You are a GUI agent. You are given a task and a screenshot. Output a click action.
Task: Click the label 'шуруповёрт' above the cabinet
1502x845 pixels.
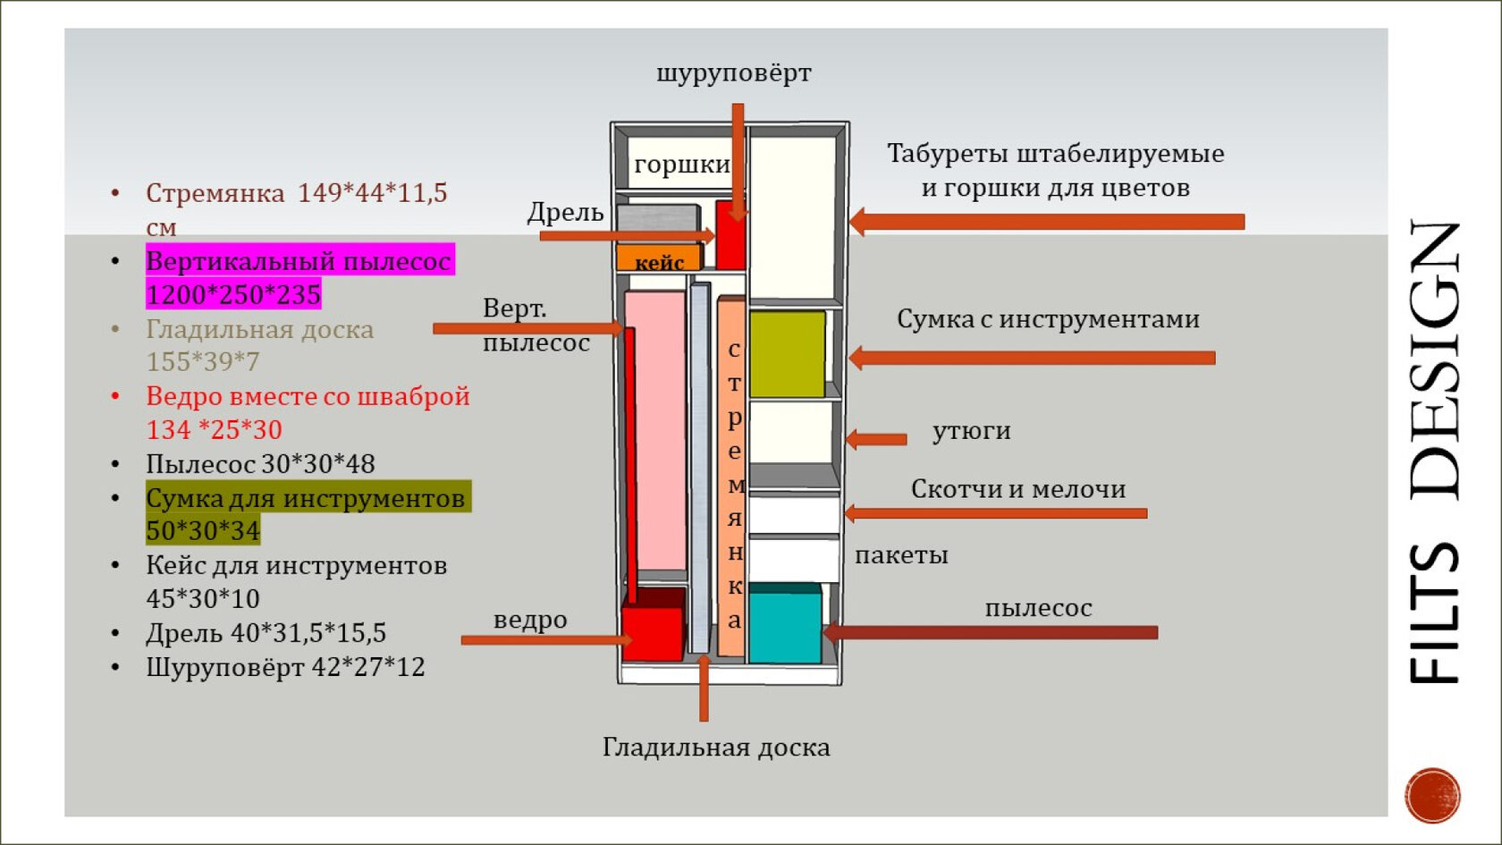[x=734, y=73]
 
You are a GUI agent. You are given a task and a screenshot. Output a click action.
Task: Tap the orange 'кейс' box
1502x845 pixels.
[x=659, y=259]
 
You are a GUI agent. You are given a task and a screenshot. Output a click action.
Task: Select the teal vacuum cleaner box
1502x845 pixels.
[x=784, y=624]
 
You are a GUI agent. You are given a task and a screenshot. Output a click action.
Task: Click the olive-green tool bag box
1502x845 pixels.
[x=787, y=354]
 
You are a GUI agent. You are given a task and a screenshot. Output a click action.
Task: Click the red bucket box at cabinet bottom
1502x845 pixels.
[x=653, y=631]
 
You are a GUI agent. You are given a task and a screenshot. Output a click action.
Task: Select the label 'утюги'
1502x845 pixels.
[x=971, y=431]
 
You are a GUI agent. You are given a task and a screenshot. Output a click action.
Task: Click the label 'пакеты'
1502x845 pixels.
[x=901, y=555]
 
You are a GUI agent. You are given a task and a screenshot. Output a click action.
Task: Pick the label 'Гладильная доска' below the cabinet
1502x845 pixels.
[x=716, y=748]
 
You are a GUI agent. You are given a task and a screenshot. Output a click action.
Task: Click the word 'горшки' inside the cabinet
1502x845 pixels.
[x=681, y=165]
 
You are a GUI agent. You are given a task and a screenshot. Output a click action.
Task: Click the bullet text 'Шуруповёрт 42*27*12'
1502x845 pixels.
[x=285, y=667]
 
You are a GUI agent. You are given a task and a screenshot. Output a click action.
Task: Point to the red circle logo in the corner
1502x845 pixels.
[x=1432, y=794]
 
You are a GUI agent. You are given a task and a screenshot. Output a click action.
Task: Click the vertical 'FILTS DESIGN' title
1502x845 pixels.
[x=1434, y=452]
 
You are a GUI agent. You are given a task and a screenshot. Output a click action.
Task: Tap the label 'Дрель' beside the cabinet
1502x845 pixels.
[x=565, y=212]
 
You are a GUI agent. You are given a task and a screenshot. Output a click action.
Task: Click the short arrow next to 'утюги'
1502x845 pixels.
[x=876, y=439]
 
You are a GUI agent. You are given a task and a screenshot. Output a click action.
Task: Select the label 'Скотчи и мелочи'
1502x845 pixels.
[x=1018, y=489]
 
